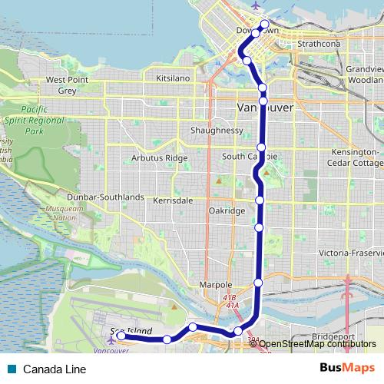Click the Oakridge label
coord(227,210)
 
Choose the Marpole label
coord(215,285)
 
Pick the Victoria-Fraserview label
coord(351,253)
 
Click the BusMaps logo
coord(347,368)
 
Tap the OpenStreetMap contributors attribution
coord(318,345)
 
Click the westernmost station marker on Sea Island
coord(121,336)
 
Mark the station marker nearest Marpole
coord(258,283)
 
